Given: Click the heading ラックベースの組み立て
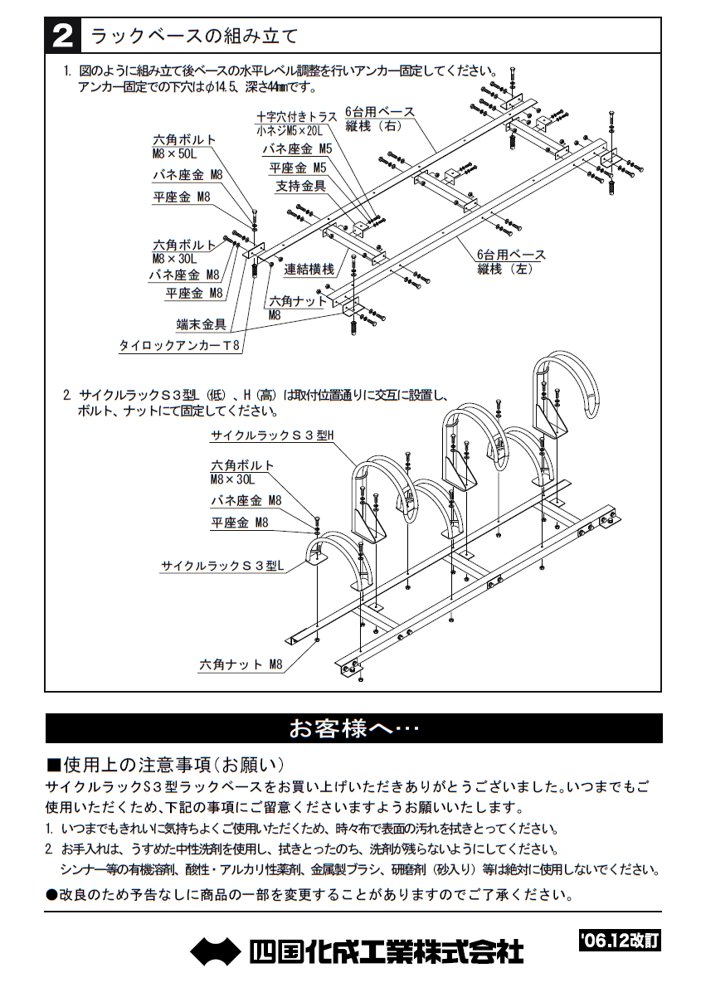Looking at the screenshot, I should pyautogui.click(x=194, y=36).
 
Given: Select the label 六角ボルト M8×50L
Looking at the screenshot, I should pyautogui.click(x=184, y=146).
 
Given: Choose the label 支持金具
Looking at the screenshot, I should pyautogui.click(x=300, y=186).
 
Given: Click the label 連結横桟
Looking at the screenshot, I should pyautogui.click(x=309, y=269).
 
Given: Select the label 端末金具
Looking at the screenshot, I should pyautogui.click(x=201, y=324).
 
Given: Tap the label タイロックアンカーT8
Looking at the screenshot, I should pyautogui.click(x=180, y=347).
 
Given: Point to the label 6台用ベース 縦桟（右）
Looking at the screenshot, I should pyautogui.click(x=379, y=119).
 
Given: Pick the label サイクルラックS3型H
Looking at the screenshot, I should pyautogui.click(x=271, y=435).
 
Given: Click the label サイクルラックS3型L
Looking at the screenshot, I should pyautogui.click(x=222, y=566).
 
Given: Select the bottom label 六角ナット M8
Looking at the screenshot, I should pyautogui.click(x=241, y=664).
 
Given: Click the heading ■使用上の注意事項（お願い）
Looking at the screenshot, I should pyautogui.click(x=165, y=764).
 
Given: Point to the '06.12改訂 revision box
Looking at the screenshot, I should pyautogui.click(x=619, y=941).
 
